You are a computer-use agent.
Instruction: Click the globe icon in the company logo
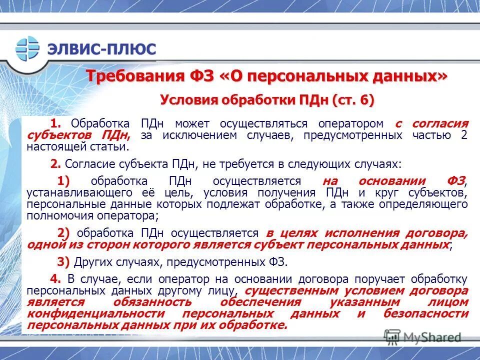(x=27, y=49)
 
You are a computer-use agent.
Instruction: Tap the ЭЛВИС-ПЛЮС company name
(x=101, y=49)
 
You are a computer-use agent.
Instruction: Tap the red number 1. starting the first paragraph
(x=55, y=123)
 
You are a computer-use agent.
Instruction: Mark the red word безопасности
(x=426, y=313)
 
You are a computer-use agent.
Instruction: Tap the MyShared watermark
(x=423, y=337)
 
